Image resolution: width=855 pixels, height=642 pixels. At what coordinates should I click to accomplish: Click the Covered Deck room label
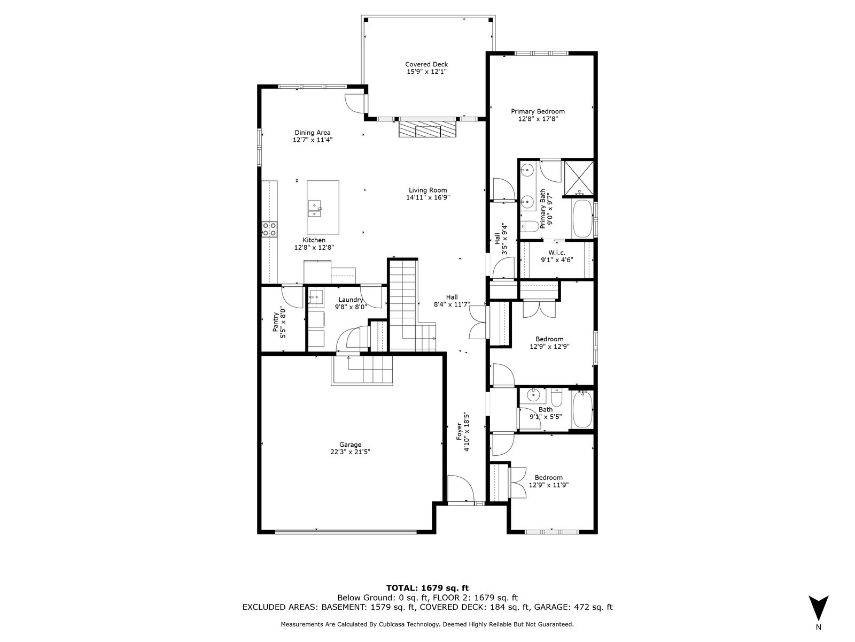coord(426,64)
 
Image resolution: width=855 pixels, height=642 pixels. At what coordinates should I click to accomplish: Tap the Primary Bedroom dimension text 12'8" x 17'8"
coord(538,119)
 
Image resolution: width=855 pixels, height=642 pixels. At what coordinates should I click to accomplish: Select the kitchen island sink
coord(315,209)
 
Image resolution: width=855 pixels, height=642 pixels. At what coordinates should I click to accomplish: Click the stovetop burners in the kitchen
coord(269,229)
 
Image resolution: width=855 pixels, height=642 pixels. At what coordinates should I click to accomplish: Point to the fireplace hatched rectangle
coord(428,128)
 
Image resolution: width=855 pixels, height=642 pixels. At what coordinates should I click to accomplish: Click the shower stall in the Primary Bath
coord(579,178)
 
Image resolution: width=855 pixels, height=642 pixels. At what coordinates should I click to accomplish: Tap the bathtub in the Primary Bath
coord(582,219)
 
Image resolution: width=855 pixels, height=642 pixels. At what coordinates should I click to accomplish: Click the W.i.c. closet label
coord(557,253)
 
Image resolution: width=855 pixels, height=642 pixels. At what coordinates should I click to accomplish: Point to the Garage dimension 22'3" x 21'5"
coord(350,452)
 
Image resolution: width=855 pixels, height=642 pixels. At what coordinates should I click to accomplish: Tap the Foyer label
coord(459,432)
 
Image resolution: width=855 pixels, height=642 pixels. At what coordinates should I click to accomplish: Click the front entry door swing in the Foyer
coord(461,489)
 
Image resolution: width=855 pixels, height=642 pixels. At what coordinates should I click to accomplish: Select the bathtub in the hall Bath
coord(582,410)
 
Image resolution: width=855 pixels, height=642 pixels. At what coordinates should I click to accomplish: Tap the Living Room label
coord(428,190)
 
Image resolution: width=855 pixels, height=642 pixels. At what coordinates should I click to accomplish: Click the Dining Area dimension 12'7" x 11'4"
coord(313,140)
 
